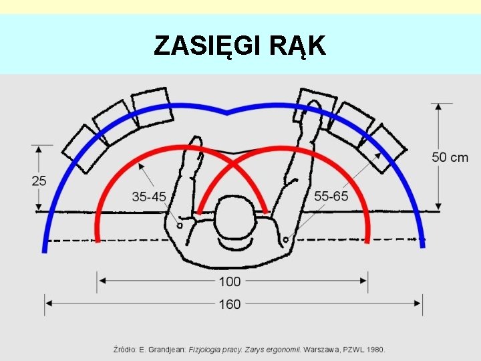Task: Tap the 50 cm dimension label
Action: coord(450,158)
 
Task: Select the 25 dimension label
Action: coord(39,180)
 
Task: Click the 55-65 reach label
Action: coord(331,196)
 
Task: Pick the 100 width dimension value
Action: coord(230,281)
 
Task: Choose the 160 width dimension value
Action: coord(230,304)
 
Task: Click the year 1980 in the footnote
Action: coord(375,349)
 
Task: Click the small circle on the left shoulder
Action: coord(180,226)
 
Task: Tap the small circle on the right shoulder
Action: coord(286,239)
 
